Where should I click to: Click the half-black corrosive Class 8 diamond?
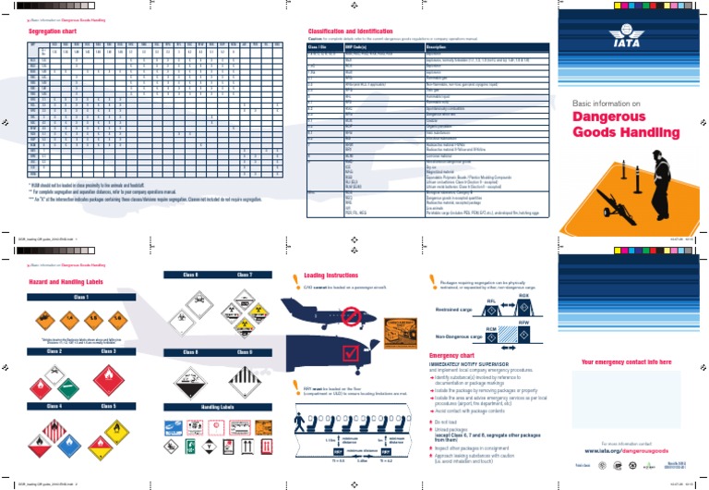pos(191,377)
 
